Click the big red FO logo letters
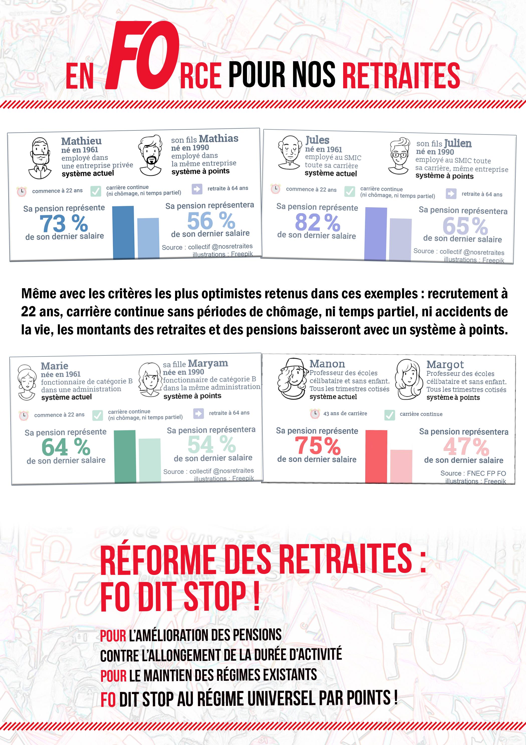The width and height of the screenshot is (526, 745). point(143,55)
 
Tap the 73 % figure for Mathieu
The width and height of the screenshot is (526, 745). point(64,223)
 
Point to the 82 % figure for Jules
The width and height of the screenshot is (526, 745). point(317,222)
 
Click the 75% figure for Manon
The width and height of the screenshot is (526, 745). point(317,445)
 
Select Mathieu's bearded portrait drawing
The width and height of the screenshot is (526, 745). point(40,158)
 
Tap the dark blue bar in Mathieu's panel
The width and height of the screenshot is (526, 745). point(123,232)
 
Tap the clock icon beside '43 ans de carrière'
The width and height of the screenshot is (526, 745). point(315,414)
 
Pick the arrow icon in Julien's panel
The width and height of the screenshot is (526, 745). point(451,194)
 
